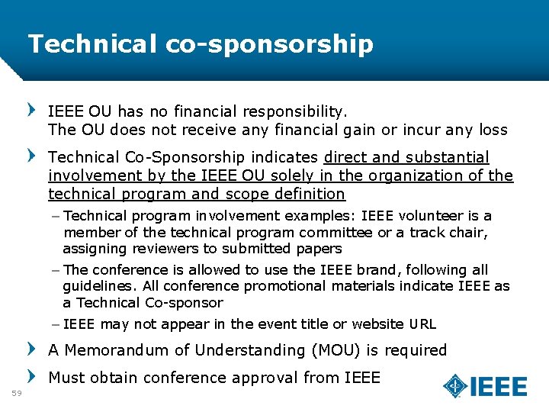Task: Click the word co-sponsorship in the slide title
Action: pos(269,44)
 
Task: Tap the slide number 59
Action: pos(18,393)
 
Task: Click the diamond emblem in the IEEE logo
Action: pos(456,386)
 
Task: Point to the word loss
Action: pos(493,130)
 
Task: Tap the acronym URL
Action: pos(422,324)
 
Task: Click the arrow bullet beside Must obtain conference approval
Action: pos(33,376)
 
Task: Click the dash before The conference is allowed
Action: pos(58,270)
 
